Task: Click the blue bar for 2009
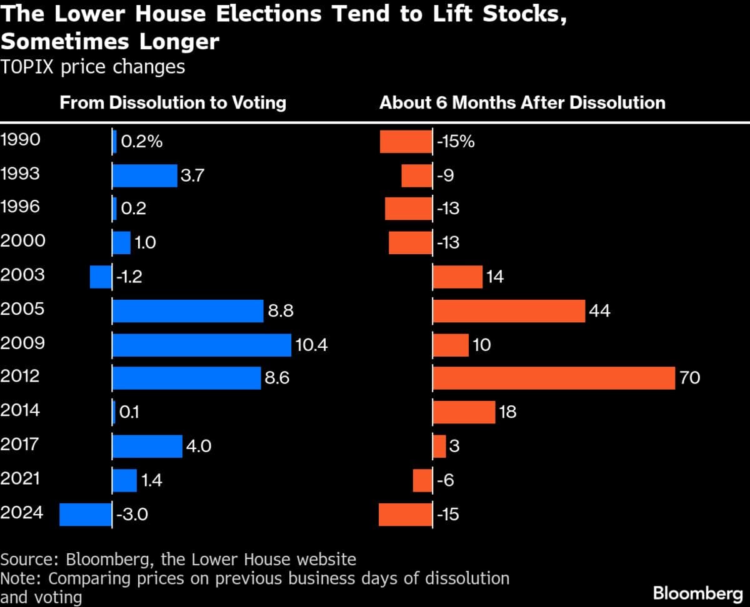pyautogui.click(x=201, y=345)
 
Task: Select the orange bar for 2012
pyautogui.click(x=554, y=378)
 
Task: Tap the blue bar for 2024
pyautogui.click(x=86, y=515)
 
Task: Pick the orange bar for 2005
pyautogui.click(x=509, y=311)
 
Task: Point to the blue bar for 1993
pyautogui.click(x=145, y=175)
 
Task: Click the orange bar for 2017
pyautogui.click(x=439, y=447)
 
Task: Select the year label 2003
pyautogui.click(x=22, y=275)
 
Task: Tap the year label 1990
pyautogui.click(x=21, y=139)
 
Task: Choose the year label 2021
pyautogui.click(x=21, y=479)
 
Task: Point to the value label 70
pyautogui.click(x=689, y=378)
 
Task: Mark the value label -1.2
pyautogui.click(x=129, y=276)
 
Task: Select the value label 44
pyautogui.click(x=599, y=311)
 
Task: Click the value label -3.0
pyautogui.click(x=132, y=515)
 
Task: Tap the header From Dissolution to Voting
pyautogui.click(x=172, y=102)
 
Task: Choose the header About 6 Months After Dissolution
pyautogui.click(x=522, y=102)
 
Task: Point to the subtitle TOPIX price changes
pyautogui.click(x=92, y=67)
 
